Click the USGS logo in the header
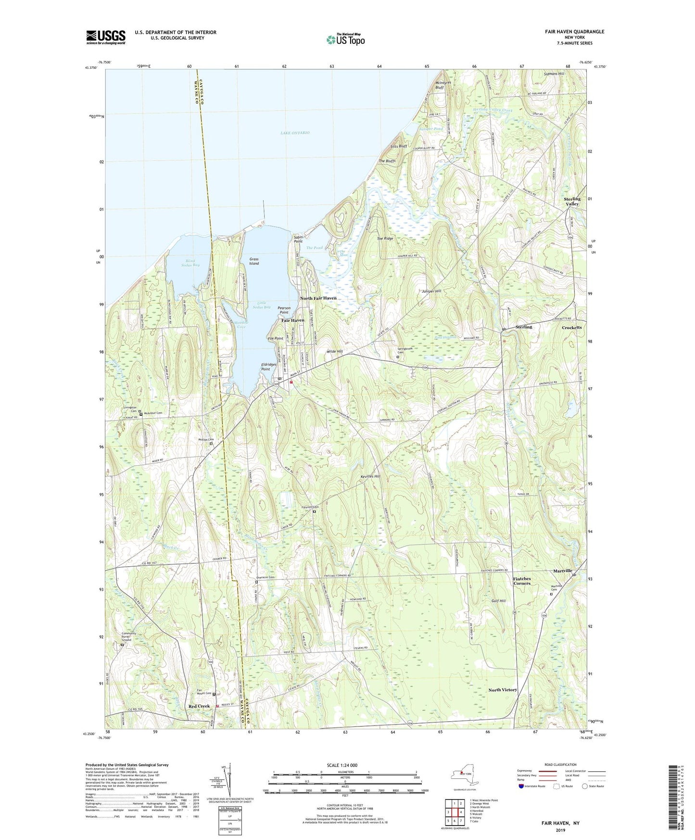coord(106,37)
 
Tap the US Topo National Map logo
coord(345,39)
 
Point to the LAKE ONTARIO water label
coord(295,133)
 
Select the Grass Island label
coord(254,261)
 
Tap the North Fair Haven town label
coord(318,298)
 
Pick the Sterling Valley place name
coord(572,201)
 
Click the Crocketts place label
coord(572,328)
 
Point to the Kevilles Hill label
coord(370,476)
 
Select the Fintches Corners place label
coord(522,581)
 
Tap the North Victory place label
coord(503,690)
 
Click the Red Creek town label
coord(199,706)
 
